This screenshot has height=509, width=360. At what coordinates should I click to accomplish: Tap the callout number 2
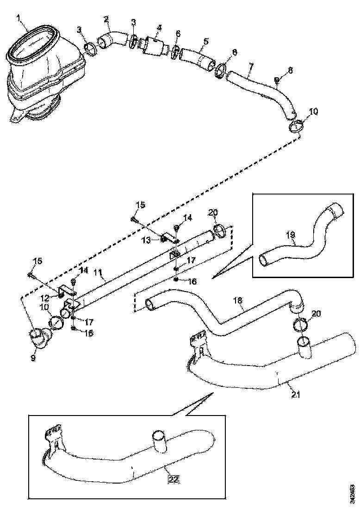tap(106, 19)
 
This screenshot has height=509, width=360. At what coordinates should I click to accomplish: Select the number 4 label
tap(159, 28)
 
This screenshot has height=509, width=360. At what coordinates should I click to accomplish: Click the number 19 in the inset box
tap(290, 235)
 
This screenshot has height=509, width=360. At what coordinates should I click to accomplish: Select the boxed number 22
tap(173, 479)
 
